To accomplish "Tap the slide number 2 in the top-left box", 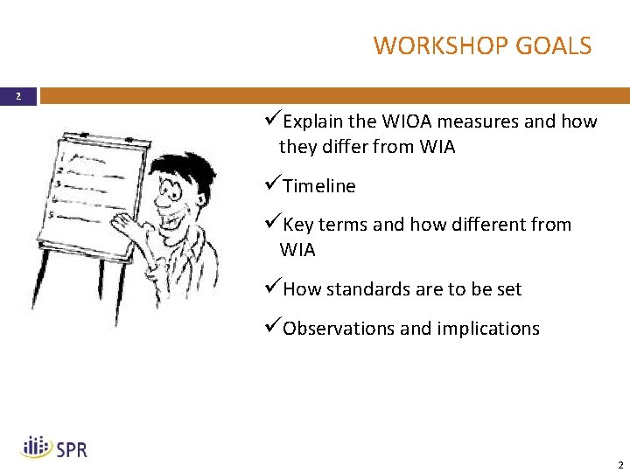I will point(17,96).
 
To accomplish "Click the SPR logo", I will point(54,448).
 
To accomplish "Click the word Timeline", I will point(319,186).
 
